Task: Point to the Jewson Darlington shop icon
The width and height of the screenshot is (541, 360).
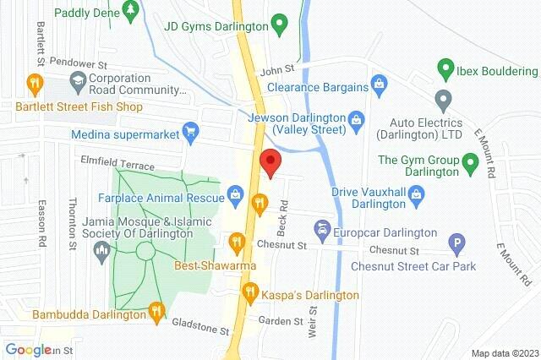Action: click(x=357, y=118)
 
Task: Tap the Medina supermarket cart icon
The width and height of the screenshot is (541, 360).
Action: click(x=192, y=132)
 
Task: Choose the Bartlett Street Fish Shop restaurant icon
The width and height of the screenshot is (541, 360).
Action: click(x=34, y=83)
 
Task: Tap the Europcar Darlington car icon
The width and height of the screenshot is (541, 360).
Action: click(x=321, y=228)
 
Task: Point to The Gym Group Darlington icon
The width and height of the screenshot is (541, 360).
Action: click(x=472, y=161)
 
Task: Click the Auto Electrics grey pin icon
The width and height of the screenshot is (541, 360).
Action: click(x=441, y=99)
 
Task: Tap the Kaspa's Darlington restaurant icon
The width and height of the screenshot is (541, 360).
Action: click(x=250, y=292)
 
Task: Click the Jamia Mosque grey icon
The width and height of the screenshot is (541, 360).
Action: click(x=102, y=248)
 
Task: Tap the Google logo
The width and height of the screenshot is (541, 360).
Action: click(x=28, y=350)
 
